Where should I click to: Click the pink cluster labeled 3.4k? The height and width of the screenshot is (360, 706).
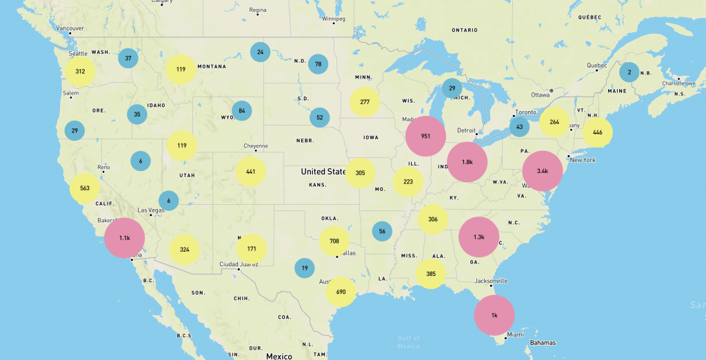coord(543,171)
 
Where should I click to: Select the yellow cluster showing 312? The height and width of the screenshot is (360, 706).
coord(81,72)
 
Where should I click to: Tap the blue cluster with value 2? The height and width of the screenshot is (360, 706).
coord(629,72)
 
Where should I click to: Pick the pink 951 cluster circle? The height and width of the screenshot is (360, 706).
coord(425,137)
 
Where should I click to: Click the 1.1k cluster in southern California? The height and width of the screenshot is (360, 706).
coord(125,238)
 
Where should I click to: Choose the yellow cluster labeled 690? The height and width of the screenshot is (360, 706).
coord(341,292)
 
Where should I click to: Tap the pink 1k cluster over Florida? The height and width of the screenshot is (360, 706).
coord(494,315)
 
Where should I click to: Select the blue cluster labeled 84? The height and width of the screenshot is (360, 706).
coord(242,111)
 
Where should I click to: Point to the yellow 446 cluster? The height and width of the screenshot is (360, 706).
coord(597,132)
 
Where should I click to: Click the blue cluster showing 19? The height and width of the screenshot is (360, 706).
coord(304,268)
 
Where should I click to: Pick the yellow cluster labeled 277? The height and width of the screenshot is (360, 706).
coord(365,102)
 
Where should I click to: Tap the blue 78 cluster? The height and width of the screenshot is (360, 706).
coord(318,65)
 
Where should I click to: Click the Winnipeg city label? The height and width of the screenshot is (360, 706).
coord(333,19)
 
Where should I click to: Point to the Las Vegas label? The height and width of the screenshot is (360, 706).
coord(151,210)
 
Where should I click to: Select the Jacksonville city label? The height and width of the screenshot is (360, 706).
coord(491,281)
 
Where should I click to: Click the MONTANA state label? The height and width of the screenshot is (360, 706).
coord(212,67)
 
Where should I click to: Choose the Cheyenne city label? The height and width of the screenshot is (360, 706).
coord(255,146)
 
